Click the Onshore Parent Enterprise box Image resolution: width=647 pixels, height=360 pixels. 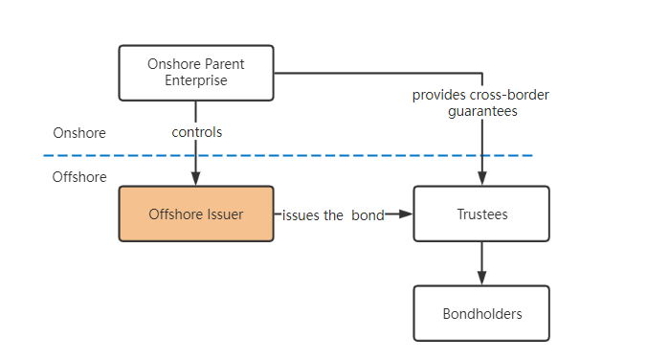pos(195,73)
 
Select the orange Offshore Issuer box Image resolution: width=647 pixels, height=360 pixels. pos(195,214)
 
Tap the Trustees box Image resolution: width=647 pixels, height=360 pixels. pos(480,214)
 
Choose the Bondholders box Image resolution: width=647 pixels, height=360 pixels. pos(480,313)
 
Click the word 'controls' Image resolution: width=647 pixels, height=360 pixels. pos(196,132)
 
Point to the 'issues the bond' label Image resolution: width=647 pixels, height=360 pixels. pos(332,214)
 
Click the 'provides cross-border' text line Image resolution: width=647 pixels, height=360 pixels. pos(480,95)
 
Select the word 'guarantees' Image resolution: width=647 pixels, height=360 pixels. pos(481,111)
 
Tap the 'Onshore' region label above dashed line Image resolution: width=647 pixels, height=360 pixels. pos(79,133)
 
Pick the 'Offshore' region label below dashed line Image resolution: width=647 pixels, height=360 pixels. pos(79,177)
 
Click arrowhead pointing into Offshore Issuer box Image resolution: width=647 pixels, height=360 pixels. pos(196,179)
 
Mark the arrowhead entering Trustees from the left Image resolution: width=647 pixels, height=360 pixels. pos(406,214)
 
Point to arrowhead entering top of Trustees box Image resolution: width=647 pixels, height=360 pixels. pos(481,179)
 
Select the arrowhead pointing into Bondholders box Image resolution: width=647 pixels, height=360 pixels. pos(481,279)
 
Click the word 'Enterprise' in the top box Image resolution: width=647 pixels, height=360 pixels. pos(195,80)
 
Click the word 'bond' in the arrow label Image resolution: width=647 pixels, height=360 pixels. pos(367,214)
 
